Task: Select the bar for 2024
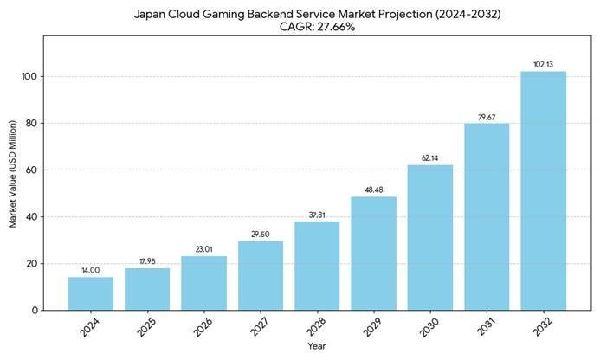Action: point(91,293)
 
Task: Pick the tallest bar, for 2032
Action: point(543,190)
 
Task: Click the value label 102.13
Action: point(543,64)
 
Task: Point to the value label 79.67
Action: point(487,117)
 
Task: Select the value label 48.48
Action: point(373,190)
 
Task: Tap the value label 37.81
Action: point(317,215)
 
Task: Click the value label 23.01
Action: point(204,249)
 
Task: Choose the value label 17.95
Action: point(147,261)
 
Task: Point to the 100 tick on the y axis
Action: point(30,76)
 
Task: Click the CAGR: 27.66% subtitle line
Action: point(317,27)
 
